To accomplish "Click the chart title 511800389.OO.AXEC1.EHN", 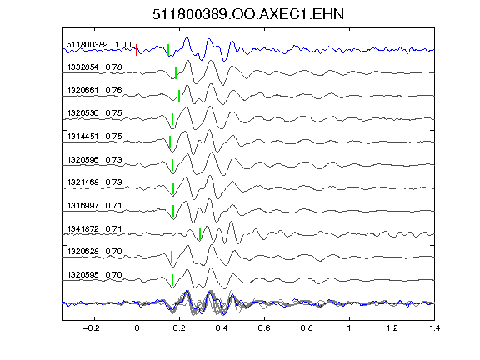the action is tap(248, 14).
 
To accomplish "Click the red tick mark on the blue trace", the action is tap(137, 50).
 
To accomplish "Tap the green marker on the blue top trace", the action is tap(168, 50).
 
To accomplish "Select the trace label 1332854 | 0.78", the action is tap(94, 67).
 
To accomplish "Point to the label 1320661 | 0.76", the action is tap(94, 90).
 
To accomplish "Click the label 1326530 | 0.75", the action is tap(94, 113).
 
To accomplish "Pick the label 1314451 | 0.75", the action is tap(94, 136).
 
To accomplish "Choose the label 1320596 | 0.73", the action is tap(94, 159).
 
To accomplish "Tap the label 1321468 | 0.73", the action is tap(94, 182).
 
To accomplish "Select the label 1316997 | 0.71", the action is tap(94, 205).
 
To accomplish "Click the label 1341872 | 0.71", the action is tap(94, 228).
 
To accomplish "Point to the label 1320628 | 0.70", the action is tap(94, 252).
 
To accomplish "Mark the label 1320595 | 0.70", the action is tap(94, 275).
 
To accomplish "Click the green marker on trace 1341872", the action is tap(200, 234).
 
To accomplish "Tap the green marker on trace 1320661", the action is tap(179, 96).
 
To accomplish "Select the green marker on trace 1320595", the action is tap(172, 280).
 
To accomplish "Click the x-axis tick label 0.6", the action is tap(264, 328).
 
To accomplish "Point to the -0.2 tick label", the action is tap(91, 328).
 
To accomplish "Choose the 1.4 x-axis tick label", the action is tap(434, 328).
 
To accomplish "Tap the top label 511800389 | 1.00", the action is tap(99, 45).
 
